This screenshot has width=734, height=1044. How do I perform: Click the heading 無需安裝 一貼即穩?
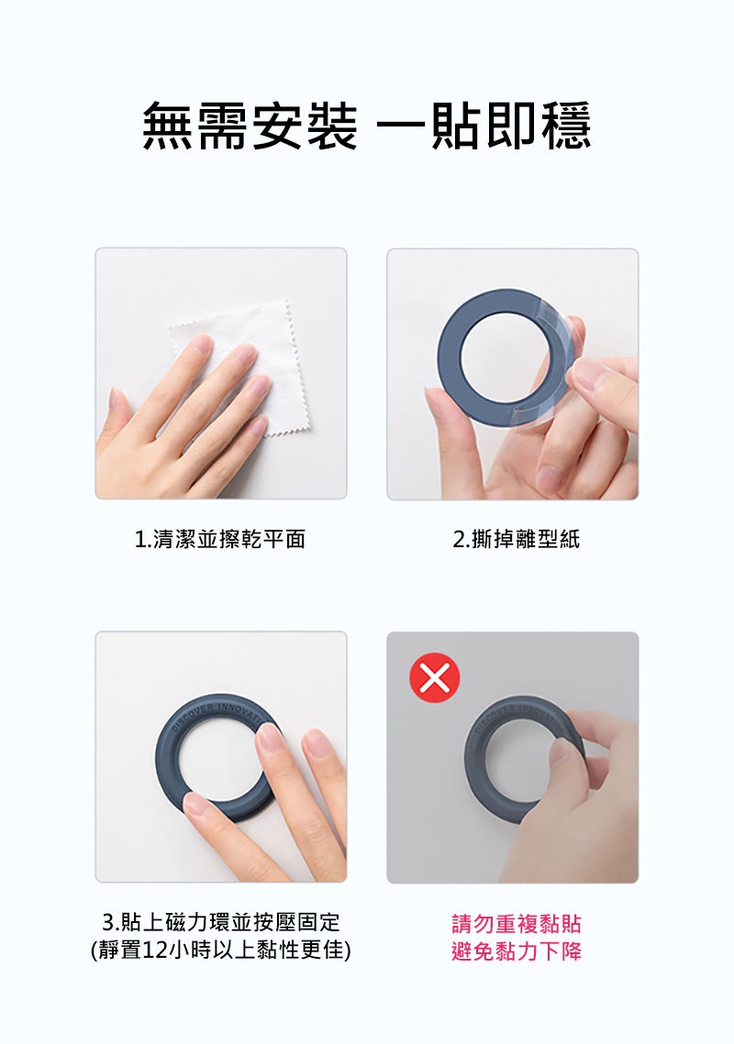point(367,126)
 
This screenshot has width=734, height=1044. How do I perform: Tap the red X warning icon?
point(434,677)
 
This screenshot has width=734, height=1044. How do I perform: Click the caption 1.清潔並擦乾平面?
point(220,539)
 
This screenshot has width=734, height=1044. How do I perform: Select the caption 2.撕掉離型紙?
point(516,539)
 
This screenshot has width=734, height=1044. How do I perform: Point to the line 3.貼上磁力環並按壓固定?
point(221,922)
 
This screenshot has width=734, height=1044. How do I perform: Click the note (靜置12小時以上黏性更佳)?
point(221,950)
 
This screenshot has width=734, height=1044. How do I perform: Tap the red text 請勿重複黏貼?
point(516,924)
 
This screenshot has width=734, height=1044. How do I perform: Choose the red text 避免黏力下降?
point(516,951)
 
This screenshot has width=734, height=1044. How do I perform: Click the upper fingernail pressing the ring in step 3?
point(270,738)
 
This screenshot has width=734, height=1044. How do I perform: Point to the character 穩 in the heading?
point(566,126)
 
